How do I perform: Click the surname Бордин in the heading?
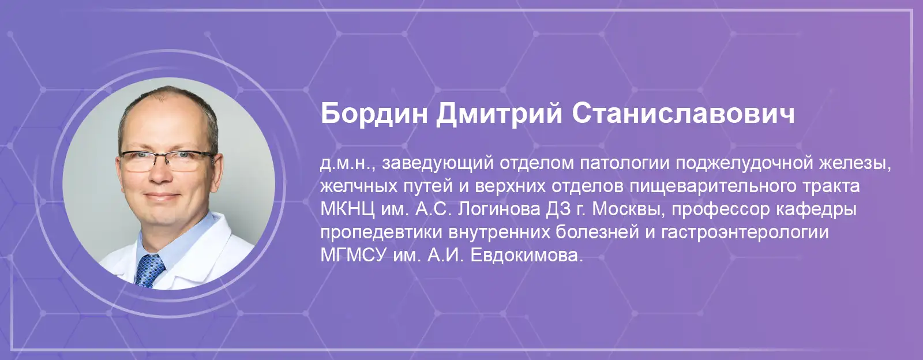(374, 114)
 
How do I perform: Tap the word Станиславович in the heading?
(683, 114)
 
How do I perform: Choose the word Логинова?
(500, 209)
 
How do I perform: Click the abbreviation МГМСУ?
(354, 256)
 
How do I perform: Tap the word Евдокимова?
(527, 256)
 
